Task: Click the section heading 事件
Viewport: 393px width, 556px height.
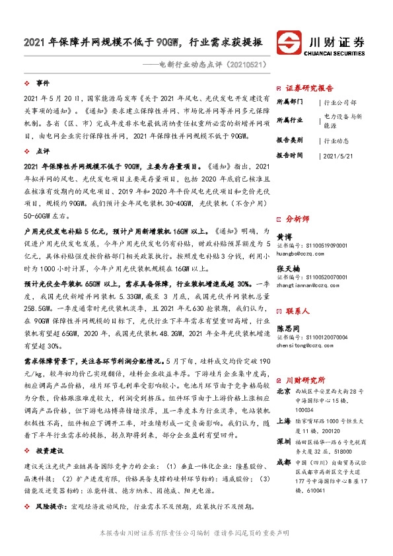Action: point(43,84)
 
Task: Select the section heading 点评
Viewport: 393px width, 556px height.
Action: point(43,151)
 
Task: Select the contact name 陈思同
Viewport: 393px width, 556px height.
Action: point(288,328)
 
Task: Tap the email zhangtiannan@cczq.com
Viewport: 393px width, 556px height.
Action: point(306,285)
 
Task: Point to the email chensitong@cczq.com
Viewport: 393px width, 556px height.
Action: point(304,345)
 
